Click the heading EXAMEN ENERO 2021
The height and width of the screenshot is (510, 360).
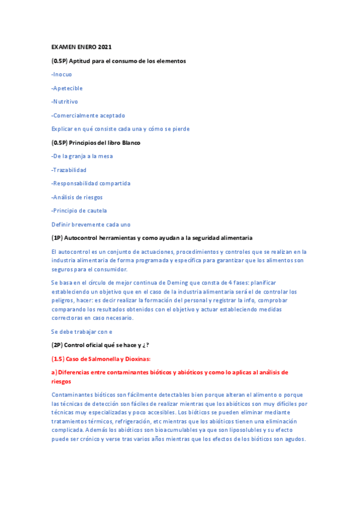(x=81, y=47)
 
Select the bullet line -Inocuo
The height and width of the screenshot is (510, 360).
(x=61, y=75)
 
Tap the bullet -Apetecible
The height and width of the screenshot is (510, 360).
(x=67, y=88)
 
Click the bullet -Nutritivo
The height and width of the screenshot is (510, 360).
(x=64, y=102)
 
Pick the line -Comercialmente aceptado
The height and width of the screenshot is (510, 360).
(x=88, y=115)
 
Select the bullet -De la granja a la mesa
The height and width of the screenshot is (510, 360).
(x=82, y=156)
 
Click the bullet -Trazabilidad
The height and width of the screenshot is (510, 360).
(x=69, y=170)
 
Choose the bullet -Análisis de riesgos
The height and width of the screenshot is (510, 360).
(x=77, y=197)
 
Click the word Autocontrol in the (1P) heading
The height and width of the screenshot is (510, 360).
(x=86, y=238)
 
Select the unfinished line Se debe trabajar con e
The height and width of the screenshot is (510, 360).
(x=82, y=331)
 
